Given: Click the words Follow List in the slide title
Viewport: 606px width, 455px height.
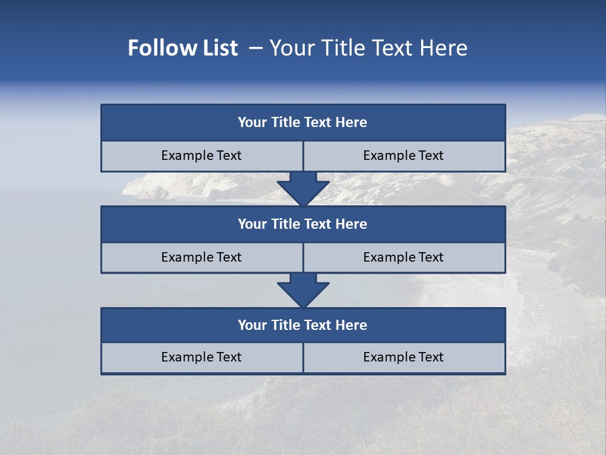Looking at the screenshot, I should click(x=182, y=48).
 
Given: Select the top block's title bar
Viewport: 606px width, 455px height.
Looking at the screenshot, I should click(x=303, y=123).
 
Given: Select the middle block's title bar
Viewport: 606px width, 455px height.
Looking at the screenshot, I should click(x=303, y=224).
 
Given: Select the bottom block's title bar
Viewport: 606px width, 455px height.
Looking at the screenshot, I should click(x=303, y=325).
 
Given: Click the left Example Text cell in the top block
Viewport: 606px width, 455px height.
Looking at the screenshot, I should click(x=201, y=156).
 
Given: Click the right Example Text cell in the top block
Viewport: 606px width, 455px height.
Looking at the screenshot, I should click(x=403, y=156).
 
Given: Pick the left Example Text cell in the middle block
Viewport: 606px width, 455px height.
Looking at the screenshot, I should click(x=201, y=258).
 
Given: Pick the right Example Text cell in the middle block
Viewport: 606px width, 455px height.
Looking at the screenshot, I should click(x=403, y=258).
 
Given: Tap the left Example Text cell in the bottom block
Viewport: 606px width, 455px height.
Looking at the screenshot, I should click(x=201, y=358).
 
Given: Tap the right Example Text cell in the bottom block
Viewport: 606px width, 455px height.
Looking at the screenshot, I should click(x=403, y=358).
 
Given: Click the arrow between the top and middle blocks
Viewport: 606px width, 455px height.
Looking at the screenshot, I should click(x=303, y=189).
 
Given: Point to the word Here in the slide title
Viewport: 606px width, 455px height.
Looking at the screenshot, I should click(x=443, y=48).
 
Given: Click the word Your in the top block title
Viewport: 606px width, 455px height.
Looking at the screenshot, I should click(x=252, y=123).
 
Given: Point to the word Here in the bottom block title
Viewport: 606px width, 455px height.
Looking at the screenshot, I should click(x=351, y=325).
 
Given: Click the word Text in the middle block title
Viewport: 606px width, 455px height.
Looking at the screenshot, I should click(x=318, y=224).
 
